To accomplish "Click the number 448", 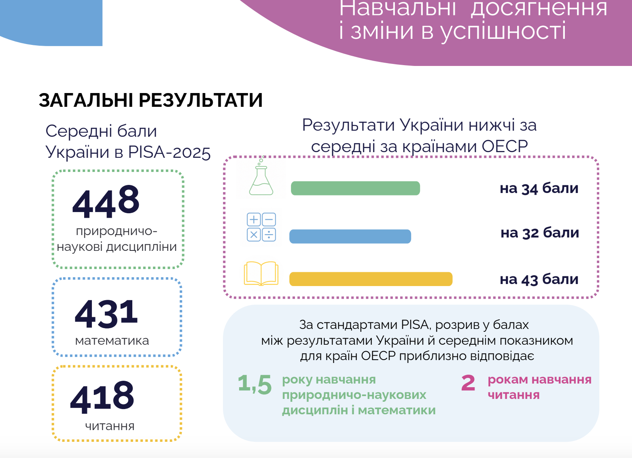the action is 106,202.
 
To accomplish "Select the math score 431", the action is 106,314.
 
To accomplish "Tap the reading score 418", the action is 102,397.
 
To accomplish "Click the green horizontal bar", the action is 355,188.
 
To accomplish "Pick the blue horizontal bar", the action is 350,236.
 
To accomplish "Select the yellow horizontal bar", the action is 371,279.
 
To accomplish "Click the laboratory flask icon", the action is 261,177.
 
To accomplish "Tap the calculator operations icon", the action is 261,227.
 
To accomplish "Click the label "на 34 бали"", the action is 539,189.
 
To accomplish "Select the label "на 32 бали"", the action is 540,233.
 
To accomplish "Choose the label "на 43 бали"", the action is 539,279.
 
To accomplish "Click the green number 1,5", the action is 254,384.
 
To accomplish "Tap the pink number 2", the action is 468,383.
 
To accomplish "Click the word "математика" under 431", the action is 112,341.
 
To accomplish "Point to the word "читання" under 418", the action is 110,426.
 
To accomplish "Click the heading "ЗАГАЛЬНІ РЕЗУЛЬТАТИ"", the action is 151,100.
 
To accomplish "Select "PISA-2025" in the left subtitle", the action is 169,153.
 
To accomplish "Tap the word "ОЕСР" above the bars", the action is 505,146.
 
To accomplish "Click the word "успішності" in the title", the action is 503,31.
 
